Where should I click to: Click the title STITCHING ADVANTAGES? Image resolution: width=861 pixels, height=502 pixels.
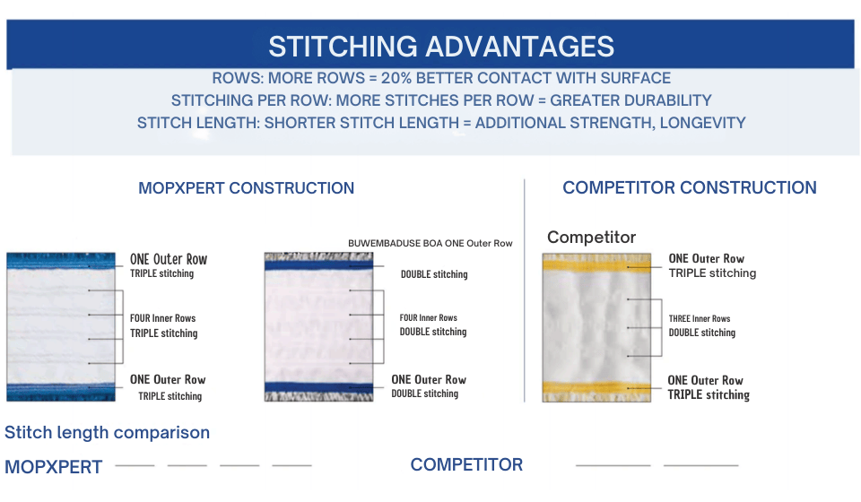point(441,46)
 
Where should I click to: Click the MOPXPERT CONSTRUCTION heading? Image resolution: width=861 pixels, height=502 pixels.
point(246,188)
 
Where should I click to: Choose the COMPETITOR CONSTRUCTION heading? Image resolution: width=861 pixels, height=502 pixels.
point(689,187)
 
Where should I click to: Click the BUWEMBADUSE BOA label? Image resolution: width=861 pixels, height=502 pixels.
point(395,243)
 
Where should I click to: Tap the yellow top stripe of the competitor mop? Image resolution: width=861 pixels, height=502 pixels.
point(596,264)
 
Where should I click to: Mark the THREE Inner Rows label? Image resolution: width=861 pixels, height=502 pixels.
point(699,319)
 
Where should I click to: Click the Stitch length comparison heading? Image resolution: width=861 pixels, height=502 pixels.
point(107,432)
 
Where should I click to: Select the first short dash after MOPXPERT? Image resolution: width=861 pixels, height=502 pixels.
point(135,465)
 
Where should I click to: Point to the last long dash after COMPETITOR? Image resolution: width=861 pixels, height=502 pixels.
point(700,465)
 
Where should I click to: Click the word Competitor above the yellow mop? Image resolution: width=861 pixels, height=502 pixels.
point(591,237)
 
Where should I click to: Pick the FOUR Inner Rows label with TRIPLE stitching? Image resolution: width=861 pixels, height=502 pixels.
point(162,318)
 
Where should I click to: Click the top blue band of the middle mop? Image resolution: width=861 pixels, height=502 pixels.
point(318,265)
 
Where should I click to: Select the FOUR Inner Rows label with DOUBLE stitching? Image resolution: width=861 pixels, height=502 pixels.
point(429,317)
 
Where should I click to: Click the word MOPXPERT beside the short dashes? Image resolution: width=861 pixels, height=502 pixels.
point(53,467)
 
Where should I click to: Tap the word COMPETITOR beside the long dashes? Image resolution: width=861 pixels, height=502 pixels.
point(466,464)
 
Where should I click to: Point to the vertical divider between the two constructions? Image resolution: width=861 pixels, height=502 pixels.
point(525,290)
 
